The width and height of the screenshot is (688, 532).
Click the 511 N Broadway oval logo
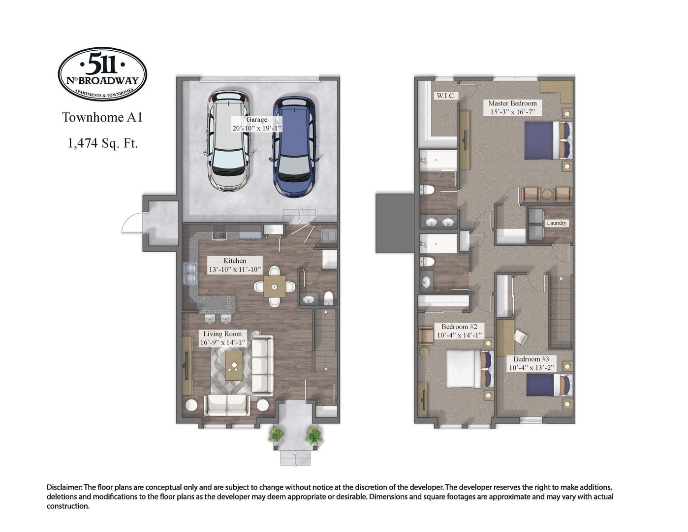click(102, 74)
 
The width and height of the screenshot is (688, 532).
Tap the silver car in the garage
click(229, 141)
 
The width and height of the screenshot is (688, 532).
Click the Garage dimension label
click(256, 124)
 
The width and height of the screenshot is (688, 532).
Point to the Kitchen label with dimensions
click(235, 265)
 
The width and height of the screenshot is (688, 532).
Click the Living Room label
click(222, 338)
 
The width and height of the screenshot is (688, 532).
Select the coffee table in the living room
click(234, 366)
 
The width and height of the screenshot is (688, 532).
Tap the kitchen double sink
click(189, 274)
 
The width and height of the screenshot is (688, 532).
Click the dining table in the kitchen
click(275, 286)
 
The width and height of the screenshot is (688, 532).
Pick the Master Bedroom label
click(512, 107)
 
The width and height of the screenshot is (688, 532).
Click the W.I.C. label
click(446, 96)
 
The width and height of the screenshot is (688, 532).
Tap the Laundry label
click(556, 223)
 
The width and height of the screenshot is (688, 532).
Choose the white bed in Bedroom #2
click(464, 369)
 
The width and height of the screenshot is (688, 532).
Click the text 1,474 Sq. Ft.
click(102, 143)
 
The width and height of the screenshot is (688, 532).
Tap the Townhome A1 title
click(102, 117)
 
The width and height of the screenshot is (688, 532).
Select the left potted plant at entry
click(276, 435)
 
